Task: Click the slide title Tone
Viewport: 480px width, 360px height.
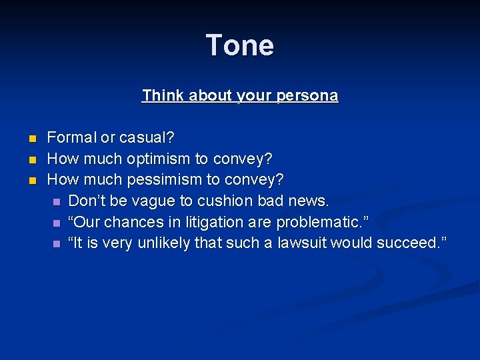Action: tap(240, 45)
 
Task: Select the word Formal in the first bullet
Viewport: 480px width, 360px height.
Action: tap(71, 138)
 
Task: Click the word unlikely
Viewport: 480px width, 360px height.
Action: tap(164, 243)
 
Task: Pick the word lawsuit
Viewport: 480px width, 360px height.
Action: tap(303, 243)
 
